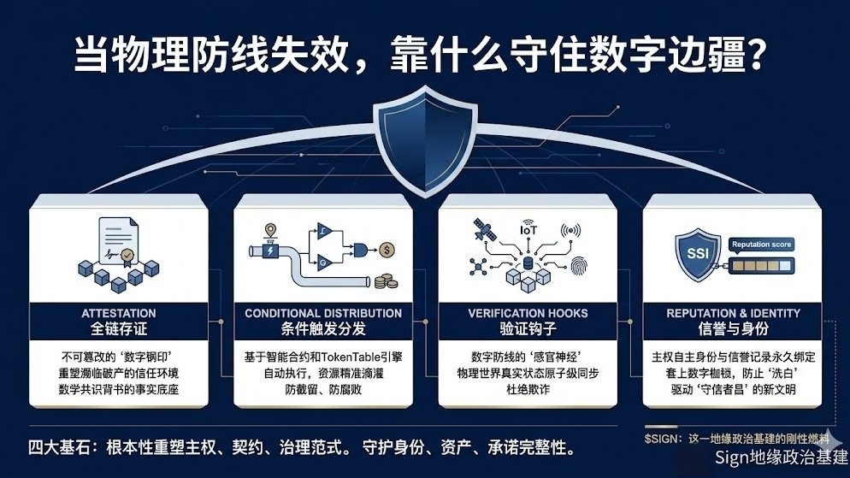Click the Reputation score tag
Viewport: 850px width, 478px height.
click(761, 245)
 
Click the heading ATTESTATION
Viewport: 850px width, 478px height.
click(119, 313)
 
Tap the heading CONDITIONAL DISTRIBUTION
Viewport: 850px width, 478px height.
click(323, 313)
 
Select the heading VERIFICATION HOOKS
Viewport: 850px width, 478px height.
click(528, 313)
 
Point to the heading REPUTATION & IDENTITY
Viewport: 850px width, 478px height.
click(733, 313)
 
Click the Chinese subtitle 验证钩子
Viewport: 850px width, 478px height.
click(528, 329)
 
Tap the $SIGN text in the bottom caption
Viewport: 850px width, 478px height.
click(661, 438)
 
